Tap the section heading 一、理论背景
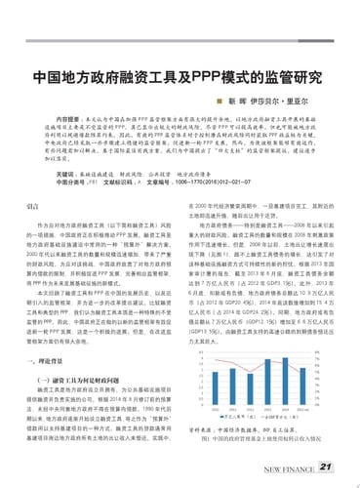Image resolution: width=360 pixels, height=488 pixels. tap(45, 358)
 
